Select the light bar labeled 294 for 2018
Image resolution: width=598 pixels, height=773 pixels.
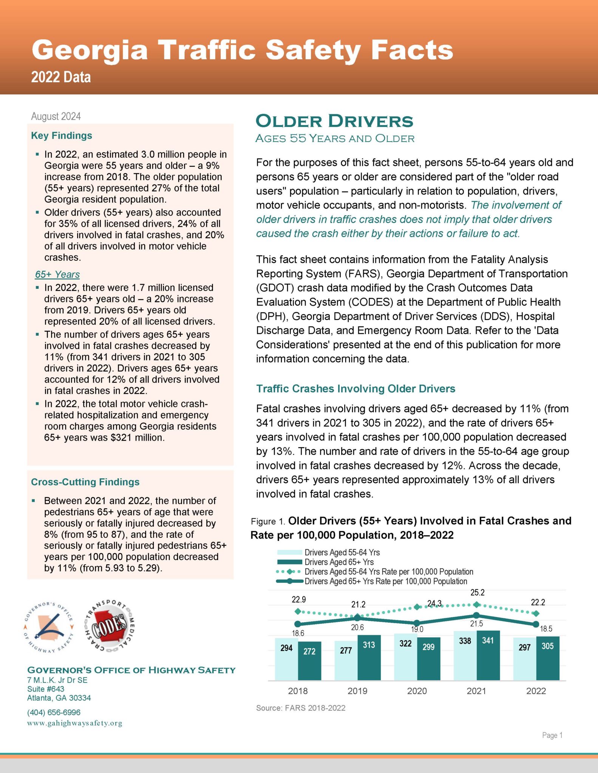click(x=286, y=659)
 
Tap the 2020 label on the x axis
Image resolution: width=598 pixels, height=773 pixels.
click(x=417, y=691)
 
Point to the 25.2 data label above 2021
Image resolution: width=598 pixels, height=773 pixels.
click(x=477, y=593)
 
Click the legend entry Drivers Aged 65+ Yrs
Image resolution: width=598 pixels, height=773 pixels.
click(x=339, y=562)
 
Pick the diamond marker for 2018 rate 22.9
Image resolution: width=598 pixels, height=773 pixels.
click(x=298, y=611)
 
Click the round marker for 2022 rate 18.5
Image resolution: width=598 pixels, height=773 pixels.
click(x=536, y=624)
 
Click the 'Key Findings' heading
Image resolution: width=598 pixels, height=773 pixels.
click(x=62, y=136)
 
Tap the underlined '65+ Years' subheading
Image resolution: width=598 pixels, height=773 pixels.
click(x=57, y=274)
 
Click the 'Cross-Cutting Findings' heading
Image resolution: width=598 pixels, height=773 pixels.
click(x=85, y=482)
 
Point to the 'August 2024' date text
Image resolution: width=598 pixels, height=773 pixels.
click(x=56, y=116)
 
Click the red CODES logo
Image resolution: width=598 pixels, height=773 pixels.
click(x=110, y=625)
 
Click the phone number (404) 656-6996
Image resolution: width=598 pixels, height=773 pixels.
click(x=54, y=712)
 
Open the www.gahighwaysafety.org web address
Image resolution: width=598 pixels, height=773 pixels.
click(x=74, y=723)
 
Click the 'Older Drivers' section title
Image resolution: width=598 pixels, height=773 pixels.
click(x=334, y=121)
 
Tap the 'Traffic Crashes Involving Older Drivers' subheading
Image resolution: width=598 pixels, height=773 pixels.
click(x=355, y=389)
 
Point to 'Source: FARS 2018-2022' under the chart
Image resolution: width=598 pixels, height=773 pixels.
click(x=301, y=708)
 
